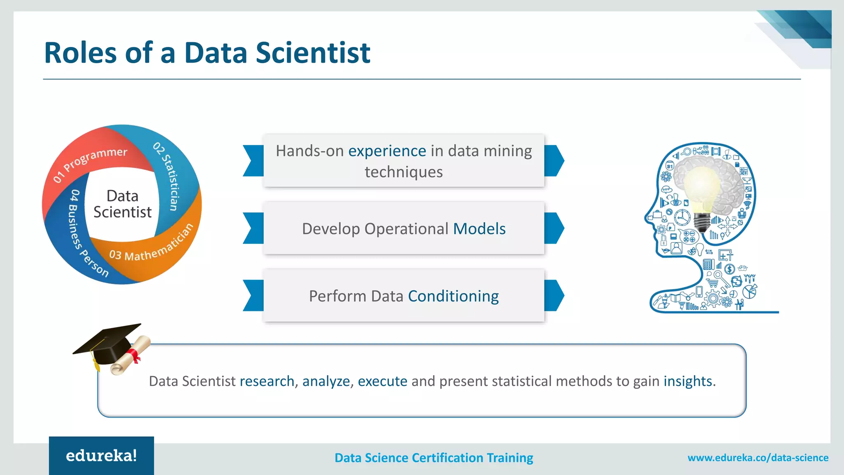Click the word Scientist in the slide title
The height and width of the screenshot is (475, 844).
pos(313,53)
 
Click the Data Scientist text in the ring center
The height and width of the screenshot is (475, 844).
pos(122,204)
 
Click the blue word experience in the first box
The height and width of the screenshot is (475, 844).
pos(387,151)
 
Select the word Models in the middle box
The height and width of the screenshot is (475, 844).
pos(479,229)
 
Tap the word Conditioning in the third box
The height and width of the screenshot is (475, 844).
pos(453,296)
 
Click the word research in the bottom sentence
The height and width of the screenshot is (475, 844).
pos(267,381)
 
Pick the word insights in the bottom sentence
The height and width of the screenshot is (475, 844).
pos(688,381)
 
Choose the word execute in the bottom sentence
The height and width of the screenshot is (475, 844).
pos(382,381)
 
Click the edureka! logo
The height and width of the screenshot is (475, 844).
pos(101,456)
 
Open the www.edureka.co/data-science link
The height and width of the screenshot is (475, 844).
pos(758,458)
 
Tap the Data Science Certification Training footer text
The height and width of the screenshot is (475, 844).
pos(434,458)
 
